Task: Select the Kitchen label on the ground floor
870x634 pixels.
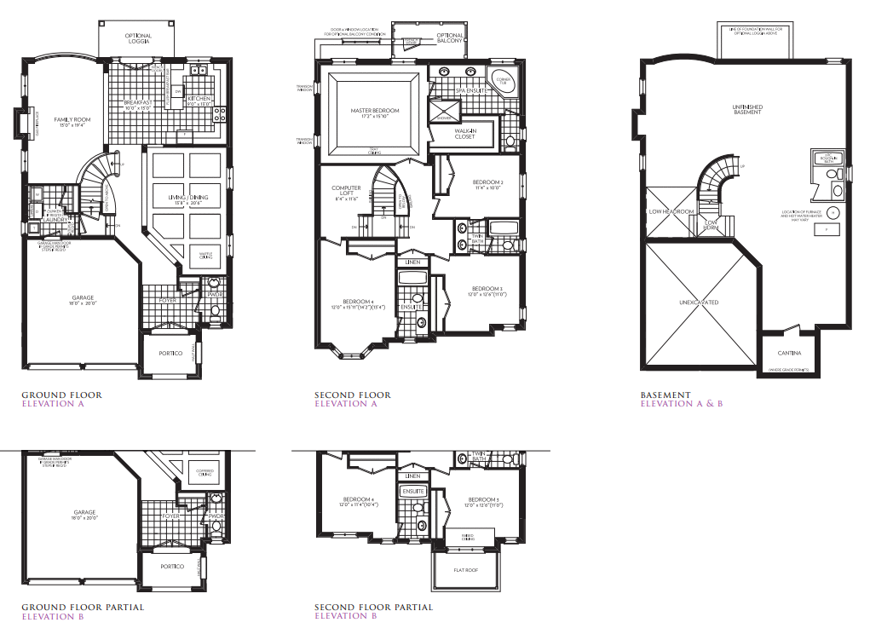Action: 198,101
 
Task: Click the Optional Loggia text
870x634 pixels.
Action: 137,37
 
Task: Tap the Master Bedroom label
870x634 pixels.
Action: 375,111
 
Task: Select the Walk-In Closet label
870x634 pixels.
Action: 464,134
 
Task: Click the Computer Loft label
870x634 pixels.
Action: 346,191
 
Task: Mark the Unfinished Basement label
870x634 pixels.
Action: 747,109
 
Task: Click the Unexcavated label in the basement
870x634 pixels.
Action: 698,303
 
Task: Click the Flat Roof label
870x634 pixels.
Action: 464,570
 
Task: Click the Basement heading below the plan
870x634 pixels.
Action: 665,395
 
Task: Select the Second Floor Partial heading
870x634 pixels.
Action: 373,608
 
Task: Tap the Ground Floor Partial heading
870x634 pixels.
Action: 82,608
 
